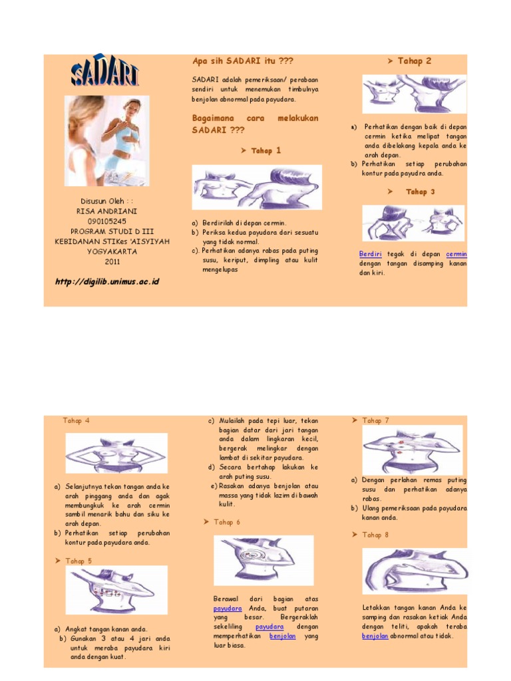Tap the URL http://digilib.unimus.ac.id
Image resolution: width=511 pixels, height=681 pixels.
[106, 281]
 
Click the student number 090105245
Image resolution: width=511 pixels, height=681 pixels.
[106, 221]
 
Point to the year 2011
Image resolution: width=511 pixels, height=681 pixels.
[106, 261]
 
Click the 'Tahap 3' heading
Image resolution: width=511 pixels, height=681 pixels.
[420, 192]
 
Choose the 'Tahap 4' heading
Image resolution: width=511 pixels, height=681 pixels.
[77, 421]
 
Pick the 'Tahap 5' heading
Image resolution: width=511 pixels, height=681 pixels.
[79, 561]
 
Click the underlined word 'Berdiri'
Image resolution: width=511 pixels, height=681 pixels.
[370, 254]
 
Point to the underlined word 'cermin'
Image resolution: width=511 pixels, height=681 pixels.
[456, 254]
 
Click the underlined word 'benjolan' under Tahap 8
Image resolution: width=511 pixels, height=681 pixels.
[375, 636]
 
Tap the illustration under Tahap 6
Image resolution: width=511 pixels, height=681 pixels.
[263, 560]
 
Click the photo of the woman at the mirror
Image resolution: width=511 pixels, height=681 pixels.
[106, 140]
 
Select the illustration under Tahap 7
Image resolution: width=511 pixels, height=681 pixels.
[413, 449]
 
